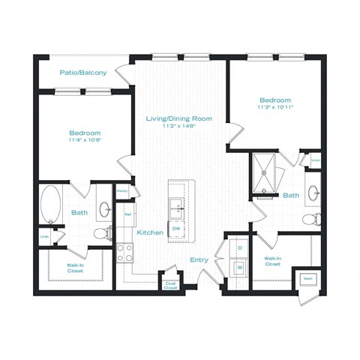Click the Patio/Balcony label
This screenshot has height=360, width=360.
(x=83, y=73)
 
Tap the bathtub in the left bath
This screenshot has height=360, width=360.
(x=51, y=204)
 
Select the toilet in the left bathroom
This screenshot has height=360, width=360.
(x=100, y=233)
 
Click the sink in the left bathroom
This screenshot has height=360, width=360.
(x=105, y=208)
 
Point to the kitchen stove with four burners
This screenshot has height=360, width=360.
(x=124, y=251)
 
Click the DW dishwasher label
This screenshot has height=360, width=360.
(x=175, y=228)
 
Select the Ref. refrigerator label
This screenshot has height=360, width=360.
(x=128, y=214)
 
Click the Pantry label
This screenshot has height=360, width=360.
(x=122, y=192)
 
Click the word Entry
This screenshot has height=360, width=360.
(x=199, y=259)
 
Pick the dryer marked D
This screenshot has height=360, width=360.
(x=240, y=247)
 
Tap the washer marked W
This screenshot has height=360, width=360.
(x=240, y=265)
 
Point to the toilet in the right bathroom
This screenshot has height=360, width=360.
(x=310, y=219)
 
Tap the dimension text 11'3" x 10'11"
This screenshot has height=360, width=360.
(x=274, y=107)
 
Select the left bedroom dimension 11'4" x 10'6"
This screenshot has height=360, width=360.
(x=75, y=140)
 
